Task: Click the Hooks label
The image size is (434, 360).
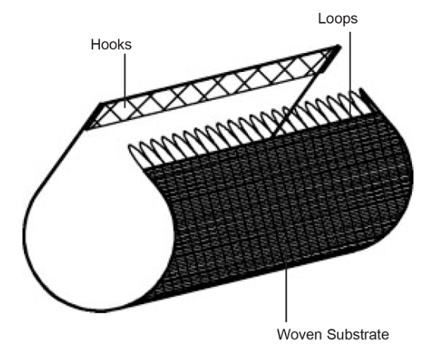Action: click(111, 45)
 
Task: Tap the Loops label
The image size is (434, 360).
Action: click(338, 19)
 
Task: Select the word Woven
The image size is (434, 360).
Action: click(299, 334)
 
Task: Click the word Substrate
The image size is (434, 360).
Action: click(358, 334)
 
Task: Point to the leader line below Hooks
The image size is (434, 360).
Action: click(125, 81)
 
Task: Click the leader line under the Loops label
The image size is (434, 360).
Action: click(350, 73)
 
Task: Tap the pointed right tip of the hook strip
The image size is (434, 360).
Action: click(338, 47)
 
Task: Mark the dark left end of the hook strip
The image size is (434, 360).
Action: click(93, 116)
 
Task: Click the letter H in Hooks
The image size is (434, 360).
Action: click(95, 45)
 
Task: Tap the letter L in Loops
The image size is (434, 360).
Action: click(322, 18)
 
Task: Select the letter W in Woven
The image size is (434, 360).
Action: click(284, 334)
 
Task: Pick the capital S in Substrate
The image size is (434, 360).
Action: click(331, 334)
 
